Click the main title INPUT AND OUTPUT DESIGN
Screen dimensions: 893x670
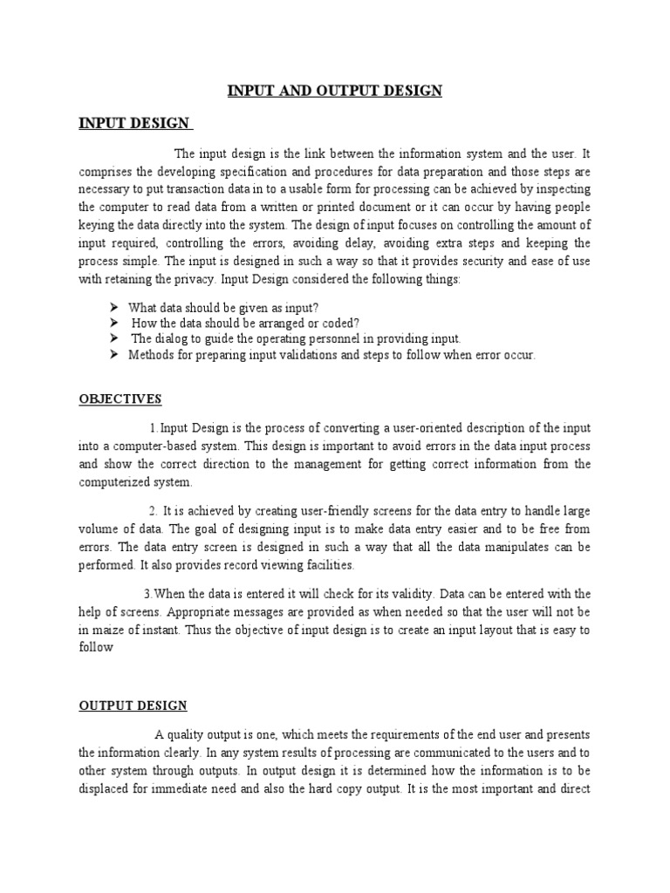click(335, 92)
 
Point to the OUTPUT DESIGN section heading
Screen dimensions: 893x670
click(133, 705)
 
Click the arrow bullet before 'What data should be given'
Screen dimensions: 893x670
click(114, 307)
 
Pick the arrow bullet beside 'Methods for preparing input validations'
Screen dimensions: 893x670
click(114, 356)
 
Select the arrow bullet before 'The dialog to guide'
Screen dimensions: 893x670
click(114, 339)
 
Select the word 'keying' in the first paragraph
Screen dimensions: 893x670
click(96, 225)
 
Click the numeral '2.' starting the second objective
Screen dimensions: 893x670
click(152, 510)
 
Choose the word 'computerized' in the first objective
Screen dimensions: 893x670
click(116, 482)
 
